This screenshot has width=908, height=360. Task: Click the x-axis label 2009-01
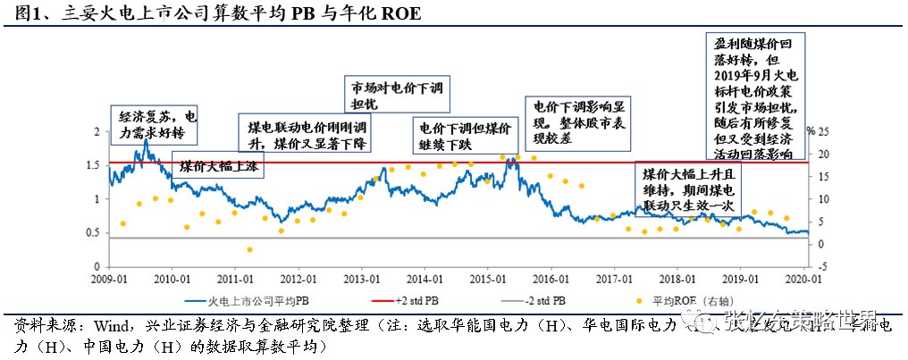pos(108,279)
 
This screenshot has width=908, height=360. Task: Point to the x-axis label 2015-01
pos(487,279)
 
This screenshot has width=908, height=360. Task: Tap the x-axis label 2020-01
pos(804,279)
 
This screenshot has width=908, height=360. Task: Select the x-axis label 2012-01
pos(298,279)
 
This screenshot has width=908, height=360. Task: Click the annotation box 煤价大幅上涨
pos(217,167)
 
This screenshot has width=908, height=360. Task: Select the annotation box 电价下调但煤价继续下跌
pos(462,137)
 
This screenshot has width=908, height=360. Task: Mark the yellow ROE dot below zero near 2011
pos(250,249)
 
